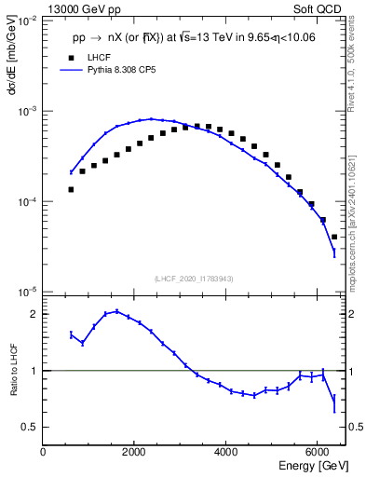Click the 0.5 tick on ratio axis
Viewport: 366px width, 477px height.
click(30, 427)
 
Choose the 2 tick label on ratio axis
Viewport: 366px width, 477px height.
click(34, 314)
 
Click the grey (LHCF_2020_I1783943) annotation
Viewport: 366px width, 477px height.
click(194, 279)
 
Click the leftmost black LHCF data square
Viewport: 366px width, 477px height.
click(71, 189)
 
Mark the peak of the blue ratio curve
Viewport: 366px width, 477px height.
click(116, 311)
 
